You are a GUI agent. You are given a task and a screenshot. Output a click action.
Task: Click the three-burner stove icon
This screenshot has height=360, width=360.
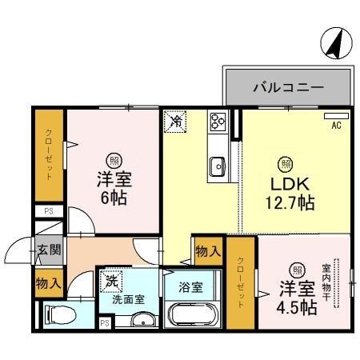[x=218, y=122]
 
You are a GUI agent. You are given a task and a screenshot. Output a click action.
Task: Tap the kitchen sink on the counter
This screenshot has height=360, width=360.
[x=218, y=166]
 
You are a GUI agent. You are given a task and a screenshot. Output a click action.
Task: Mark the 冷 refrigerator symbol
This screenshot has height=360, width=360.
[x=175, y=122]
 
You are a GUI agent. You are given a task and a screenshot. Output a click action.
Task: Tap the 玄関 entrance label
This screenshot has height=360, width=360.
[x=47, y=250]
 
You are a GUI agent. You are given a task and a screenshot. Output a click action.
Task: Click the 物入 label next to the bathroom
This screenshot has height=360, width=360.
[x=208, y=251]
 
